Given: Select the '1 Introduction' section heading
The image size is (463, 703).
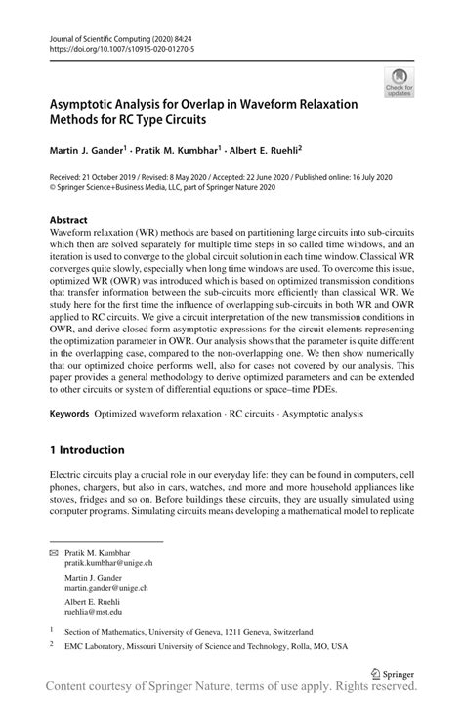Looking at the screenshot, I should point(87,450).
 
